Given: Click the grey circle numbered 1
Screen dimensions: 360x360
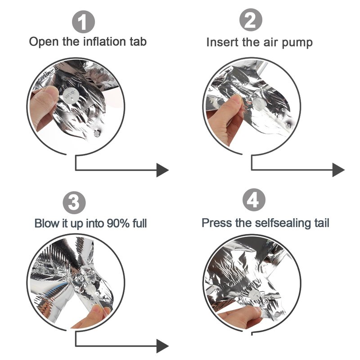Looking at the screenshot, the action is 83,22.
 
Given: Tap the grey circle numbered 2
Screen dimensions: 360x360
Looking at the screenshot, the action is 251,20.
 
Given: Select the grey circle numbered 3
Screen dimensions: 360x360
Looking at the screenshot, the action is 74,203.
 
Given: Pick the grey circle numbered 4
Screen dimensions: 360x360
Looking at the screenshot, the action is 254,200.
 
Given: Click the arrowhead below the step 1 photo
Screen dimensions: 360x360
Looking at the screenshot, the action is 162,170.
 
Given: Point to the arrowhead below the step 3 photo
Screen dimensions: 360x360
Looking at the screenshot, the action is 162,346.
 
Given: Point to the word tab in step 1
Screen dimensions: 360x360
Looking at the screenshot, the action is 138,41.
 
